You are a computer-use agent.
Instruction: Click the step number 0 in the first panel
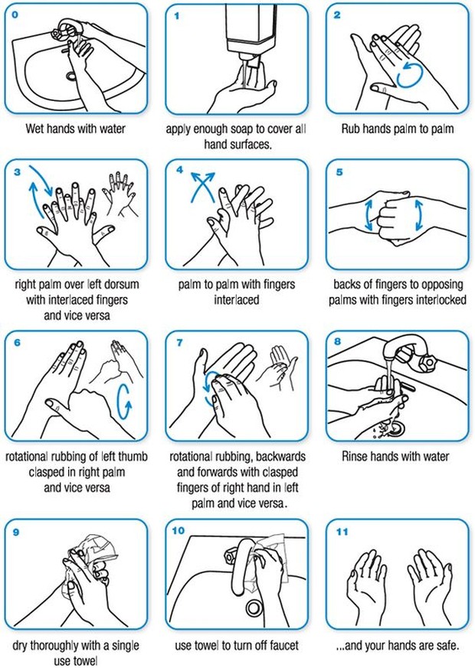click(x=18, y=14)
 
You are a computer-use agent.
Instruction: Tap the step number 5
click(x=339, y=171)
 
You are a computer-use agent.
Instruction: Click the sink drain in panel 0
click(x=71, y=76)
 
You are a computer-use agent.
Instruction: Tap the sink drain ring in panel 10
click(x=254, y=608)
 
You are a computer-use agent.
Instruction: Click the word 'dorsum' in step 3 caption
click(x=126, y=284)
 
